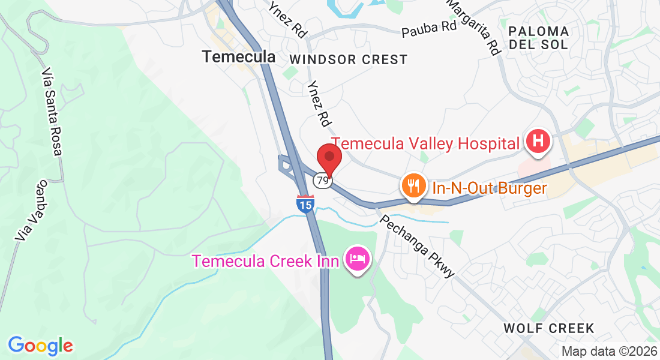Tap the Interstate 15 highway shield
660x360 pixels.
point(305,204)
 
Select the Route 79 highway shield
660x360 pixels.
point(323,180)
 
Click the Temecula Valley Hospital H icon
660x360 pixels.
point(538,142)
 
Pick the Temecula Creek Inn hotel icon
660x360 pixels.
point(358,259)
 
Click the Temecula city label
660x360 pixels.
point(239,57)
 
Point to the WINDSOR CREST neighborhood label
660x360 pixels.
point(348,59)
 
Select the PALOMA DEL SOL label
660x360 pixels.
point(538,38)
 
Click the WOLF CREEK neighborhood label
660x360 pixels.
point(549,328)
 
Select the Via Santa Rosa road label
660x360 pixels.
point(52,112)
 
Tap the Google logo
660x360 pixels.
point(40,346)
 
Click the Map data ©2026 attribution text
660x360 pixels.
point(608,352)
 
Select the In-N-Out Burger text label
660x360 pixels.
point(489,188)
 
